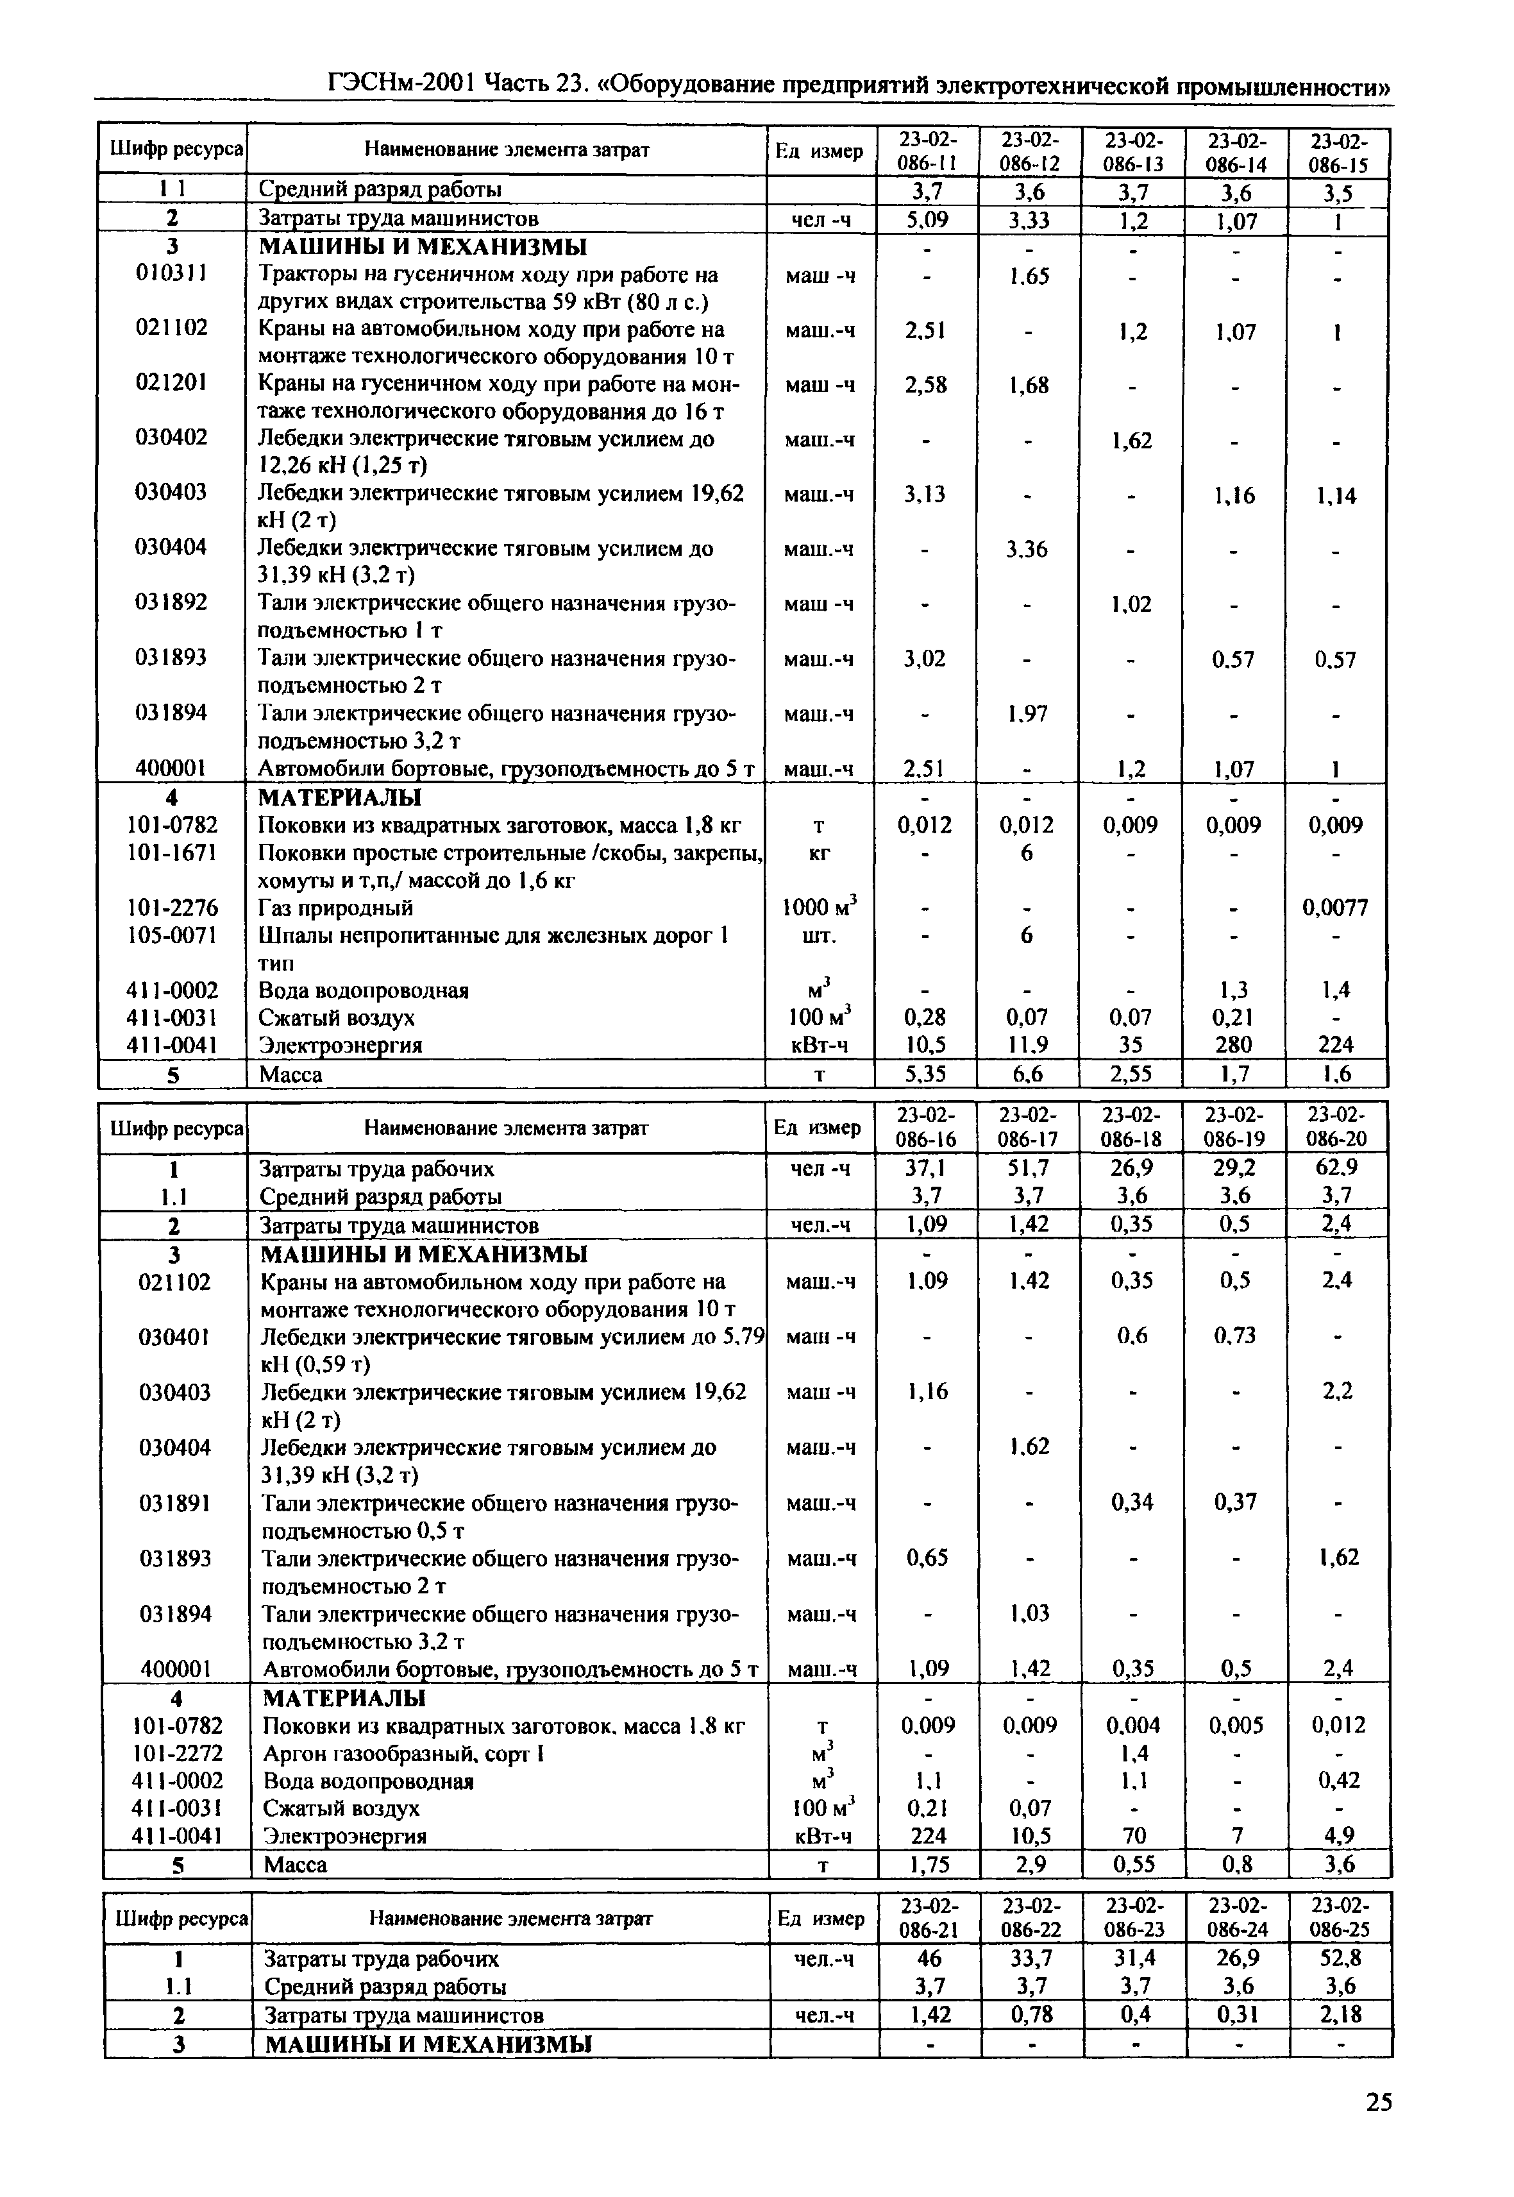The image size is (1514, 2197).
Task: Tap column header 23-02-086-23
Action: tap(1134, 1918)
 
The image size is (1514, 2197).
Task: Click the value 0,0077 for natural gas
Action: tap(1334, 908)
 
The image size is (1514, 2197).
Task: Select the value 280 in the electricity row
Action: tap(1232, 1045)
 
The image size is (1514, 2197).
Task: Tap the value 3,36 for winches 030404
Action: tap(1027, 550)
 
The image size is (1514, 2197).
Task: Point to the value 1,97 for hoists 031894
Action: tap(1027, 714)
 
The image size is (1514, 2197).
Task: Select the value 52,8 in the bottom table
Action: tap(1338, 1958)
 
